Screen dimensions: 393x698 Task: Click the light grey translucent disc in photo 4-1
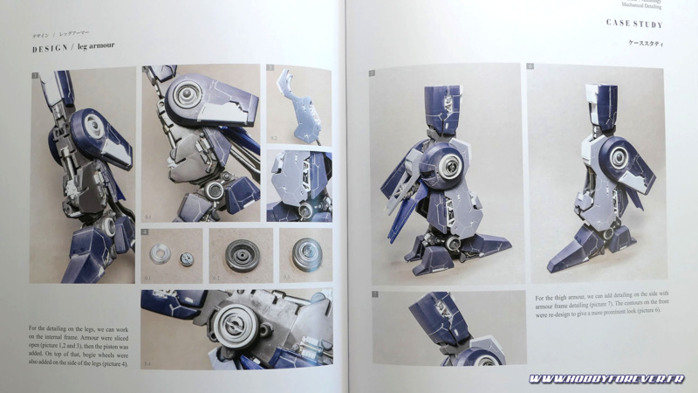[x=160, y=255]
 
